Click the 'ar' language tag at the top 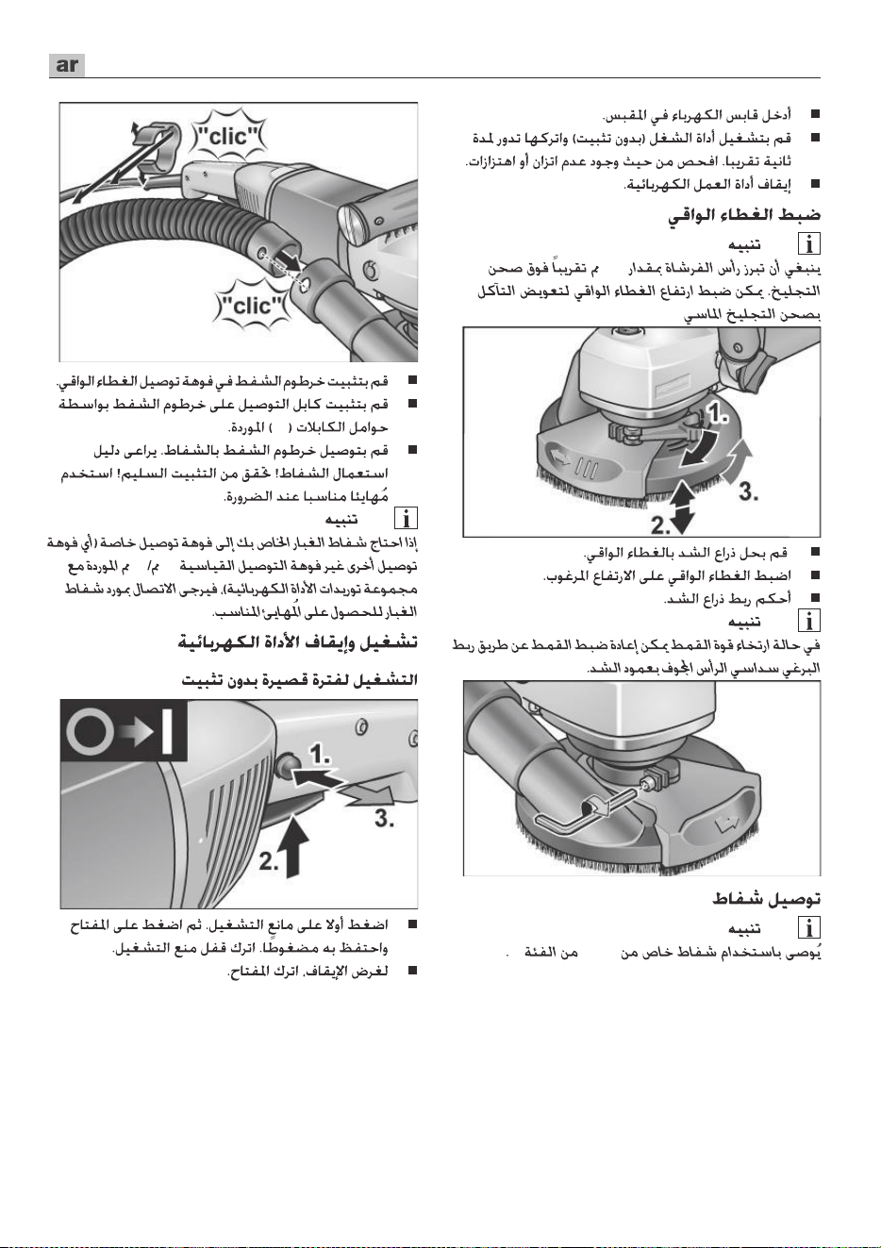click(x=67, y=65)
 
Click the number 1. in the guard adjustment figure click(x=718, y=413)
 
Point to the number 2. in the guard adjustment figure click(x=661, y=524)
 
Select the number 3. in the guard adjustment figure click(x=748, y=491)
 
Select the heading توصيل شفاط click(x=766, y=899)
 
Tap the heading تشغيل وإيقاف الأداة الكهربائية click(x=298, y=642)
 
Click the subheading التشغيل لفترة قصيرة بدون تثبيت click(x=300, y=680)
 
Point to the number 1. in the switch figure click(x=321, y=755)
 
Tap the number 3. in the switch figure click(x=385, y=819)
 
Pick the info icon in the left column click(x=407, y=519)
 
